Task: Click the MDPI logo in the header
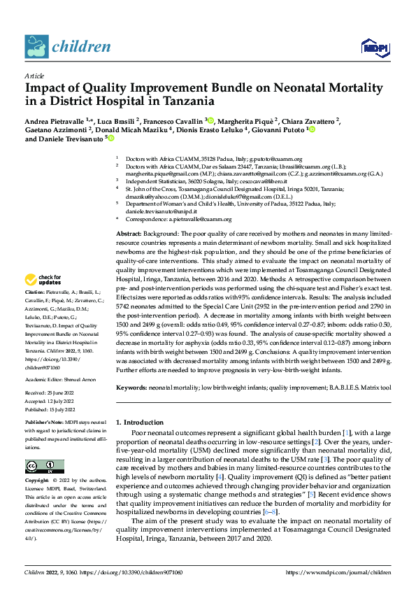[x=372, y=47]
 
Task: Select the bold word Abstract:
[x=129, y=232]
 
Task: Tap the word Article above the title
[x=34, y=76]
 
